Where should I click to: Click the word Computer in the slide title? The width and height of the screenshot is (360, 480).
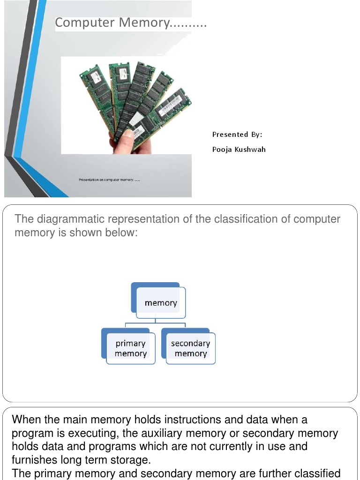coord(85,22)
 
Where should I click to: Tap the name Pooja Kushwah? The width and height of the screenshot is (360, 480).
coord(239,150)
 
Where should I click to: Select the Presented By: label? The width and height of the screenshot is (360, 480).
coord(237,135)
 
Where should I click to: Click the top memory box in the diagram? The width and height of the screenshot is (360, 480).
coord(160,302)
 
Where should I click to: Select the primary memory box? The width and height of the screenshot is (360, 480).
coord(130,348)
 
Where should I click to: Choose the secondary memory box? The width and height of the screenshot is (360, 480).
coord(190,348)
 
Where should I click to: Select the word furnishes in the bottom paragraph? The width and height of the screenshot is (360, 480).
coord(34,459)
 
